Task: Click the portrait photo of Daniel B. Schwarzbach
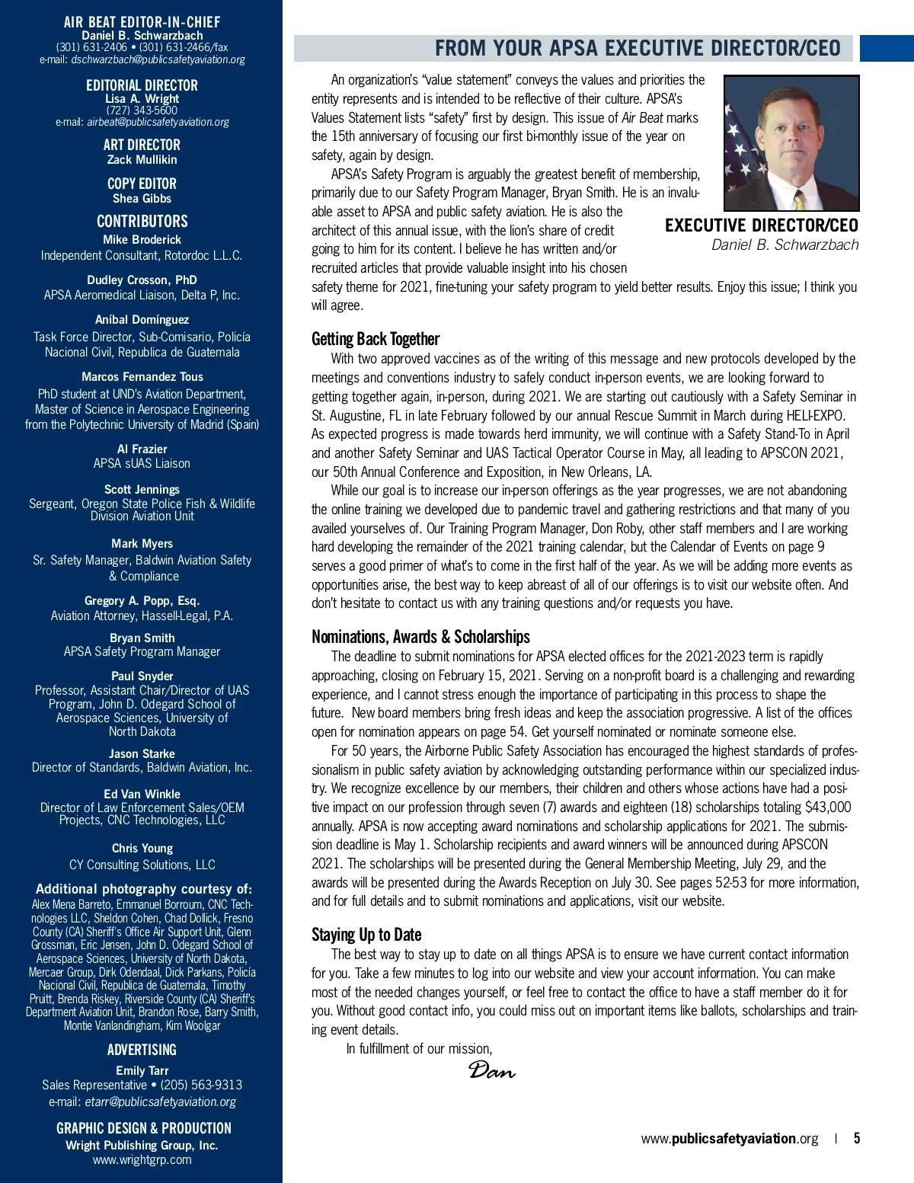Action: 791,142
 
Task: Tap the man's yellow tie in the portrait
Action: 799,200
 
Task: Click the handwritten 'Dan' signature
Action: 491,1070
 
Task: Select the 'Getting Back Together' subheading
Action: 376,339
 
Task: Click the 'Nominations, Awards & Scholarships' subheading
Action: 420,637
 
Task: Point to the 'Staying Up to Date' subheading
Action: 366,935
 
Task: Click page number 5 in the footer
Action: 857,1139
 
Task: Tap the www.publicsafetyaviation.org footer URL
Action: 729,1139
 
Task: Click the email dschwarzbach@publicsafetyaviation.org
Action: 158,59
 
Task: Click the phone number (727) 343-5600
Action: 142,110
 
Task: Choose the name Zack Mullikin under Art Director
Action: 142,160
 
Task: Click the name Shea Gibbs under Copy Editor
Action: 142,199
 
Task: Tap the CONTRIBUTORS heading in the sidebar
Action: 142,222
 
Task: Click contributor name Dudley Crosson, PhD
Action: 142,280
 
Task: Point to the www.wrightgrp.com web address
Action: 142,1160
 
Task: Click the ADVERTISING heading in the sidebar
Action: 142,1050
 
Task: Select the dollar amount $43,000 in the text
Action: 828,807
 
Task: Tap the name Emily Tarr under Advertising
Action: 142,1070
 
